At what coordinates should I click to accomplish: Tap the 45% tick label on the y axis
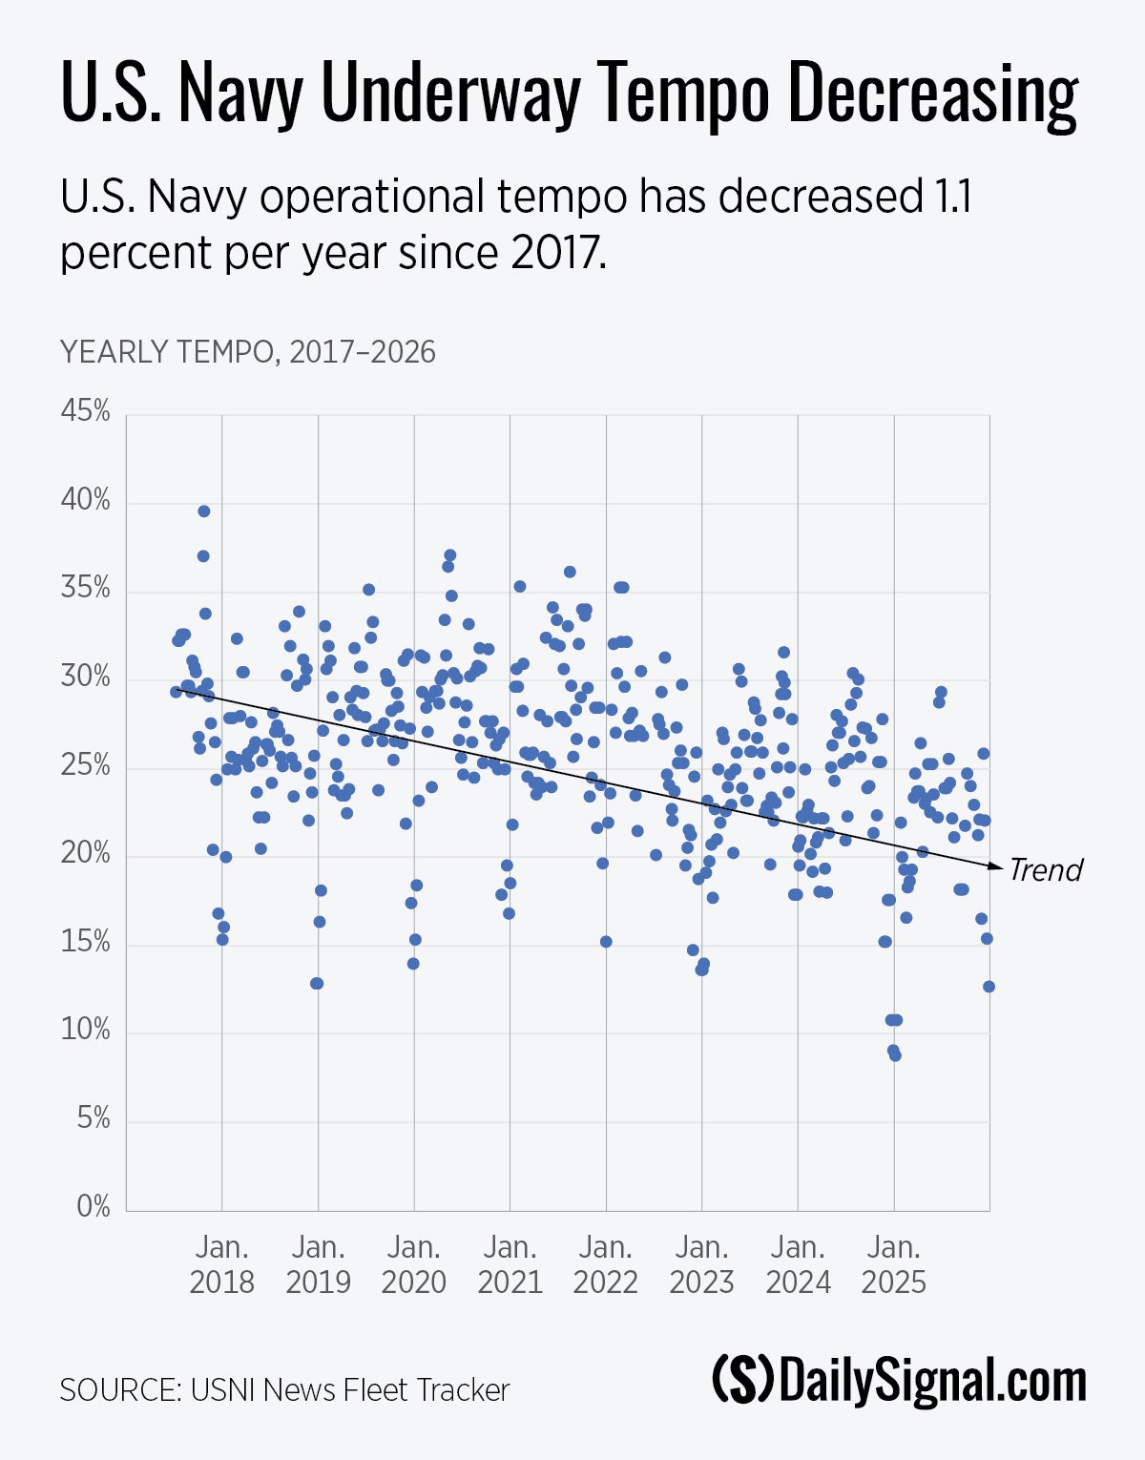[86, 412]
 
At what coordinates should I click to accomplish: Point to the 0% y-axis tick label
[94, 1207]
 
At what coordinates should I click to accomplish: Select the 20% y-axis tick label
[86, 854]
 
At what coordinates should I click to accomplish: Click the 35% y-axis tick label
[86, 589]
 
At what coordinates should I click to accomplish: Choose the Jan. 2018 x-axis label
[222, 1264]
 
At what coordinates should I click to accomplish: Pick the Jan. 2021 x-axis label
[510, 1264]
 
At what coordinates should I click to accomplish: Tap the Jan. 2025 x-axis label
[894, 1264]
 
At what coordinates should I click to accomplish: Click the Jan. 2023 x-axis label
[702, 1264]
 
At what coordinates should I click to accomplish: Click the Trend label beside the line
[1046, 870]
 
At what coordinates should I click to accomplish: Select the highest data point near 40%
[203, 511]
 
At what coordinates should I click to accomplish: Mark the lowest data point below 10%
[895, 1055]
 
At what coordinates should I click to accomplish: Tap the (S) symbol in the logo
[743, 1381]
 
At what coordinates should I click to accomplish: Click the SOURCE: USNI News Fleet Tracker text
[284, 1390]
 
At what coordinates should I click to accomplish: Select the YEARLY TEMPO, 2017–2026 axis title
[247, 352]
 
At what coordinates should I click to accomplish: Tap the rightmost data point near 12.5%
[989, 987]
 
